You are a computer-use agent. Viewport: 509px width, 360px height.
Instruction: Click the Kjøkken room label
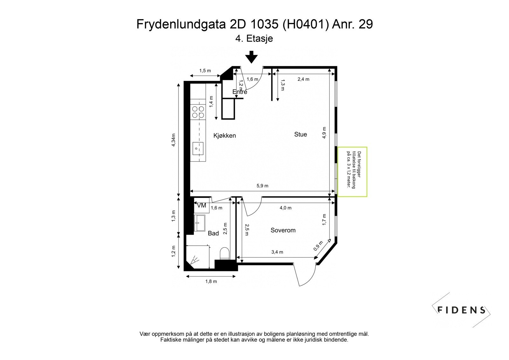[225, 136]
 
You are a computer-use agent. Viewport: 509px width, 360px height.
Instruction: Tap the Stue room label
[300, 134]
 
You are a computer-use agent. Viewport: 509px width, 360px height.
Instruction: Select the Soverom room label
[283, 230]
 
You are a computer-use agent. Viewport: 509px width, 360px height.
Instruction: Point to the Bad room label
[213, 233]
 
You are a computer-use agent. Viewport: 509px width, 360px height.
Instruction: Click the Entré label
[240, 92]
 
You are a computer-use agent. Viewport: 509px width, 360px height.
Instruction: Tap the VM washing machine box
[201, 206]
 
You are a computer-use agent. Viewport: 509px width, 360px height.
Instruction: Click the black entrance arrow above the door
[252, 57]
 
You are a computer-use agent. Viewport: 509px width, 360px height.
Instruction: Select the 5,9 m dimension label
[262, 186]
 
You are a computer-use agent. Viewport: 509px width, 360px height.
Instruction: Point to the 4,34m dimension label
[173, 140]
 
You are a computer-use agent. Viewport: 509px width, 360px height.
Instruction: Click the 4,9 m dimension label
[324, 133]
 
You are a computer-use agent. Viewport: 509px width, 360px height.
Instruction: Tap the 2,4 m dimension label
[303, 79]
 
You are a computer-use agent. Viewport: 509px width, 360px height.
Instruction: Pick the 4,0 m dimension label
[285, 208]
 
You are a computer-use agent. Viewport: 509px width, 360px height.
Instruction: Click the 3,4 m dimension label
[277, 252]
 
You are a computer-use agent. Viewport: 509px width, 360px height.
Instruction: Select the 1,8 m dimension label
[211, 281]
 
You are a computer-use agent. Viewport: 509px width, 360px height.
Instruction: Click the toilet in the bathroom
[224, 254]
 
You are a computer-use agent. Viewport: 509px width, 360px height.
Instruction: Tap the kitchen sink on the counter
[198, 148]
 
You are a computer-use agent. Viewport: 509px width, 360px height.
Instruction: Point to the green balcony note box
[352, 172]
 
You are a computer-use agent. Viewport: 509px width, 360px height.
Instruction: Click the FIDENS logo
[461, 310]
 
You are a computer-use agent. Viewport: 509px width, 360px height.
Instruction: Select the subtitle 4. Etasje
[254, 39]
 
